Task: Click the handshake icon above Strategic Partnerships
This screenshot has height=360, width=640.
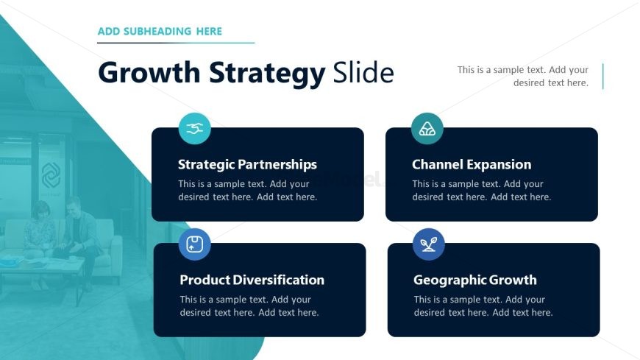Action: (x=195, y=128)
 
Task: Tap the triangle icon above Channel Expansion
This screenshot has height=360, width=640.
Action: (x=427, y=129)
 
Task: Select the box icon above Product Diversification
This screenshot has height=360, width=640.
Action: (x=195, y=244)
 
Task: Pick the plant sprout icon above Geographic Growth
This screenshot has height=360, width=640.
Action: (x=429, y=244)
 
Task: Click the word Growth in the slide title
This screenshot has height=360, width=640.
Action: (x=149, y=73)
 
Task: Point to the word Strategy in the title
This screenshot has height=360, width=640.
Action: (x=267, y=74)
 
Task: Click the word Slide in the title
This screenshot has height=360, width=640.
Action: (x=363, y=73)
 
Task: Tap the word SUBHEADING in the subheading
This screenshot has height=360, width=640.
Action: (x=157, y=32)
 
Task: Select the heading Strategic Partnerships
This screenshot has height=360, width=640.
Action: (x=247, y=165)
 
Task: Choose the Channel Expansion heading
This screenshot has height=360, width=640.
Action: (x=472, y=164)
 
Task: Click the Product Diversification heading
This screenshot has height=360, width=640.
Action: (x=252, y=280)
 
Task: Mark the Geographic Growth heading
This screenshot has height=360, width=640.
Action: (x=474, y=280)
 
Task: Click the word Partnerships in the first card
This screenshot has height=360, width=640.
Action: (x=282, y=165)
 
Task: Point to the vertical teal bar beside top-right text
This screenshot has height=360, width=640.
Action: (x=602, y=76)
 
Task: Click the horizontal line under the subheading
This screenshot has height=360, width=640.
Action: (x=176, y=43)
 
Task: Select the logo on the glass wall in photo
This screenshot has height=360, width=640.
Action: (x=51, y=175)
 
